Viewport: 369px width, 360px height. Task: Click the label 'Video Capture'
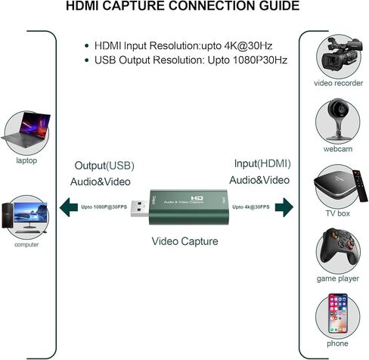coord(184,242)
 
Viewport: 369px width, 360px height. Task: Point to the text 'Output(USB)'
coord(103,165)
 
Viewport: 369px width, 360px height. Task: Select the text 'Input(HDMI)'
coord(262,163)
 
